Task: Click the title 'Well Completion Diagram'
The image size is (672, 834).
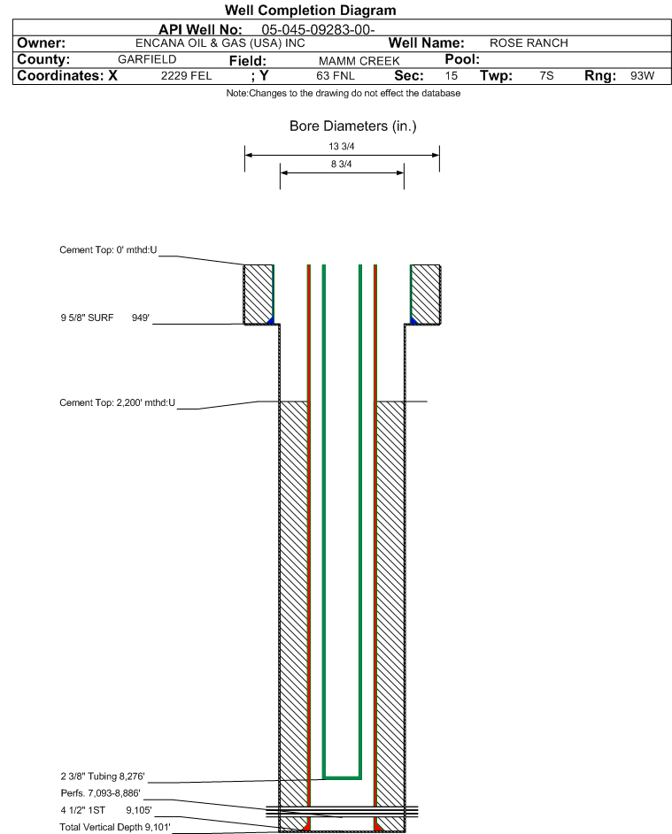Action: pos(311,10)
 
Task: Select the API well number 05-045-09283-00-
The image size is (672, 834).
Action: pos(318,30)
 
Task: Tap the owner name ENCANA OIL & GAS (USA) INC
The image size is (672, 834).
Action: pos(220,43)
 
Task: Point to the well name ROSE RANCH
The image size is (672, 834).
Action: pos(529,43)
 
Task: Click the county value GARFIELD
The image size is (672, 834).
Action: pos(147,59)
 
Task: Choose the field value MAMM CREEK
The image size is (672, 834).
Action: pos(359,61)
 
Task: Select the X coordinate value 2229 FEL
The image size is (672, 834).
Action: pos(186,75)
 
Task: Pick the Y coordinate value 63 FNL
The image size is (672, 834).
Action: pos(336,75)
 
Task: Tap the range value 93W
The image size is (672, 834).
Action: pos(642,75)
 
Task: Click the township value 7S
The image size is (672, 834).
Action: pos(546,75)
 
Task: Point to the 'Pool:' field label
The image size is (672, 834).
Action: pos(462,59)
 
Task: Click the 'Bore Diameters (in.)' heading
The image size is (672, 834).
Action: pos(353,126)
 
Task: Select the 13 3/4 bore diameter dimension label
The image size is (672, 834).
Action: pos(342,146)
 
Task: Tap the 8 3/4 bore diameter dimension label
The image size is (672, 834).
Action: pos(342,164)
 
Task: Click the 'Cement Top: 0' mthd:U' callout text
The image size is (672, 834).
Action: pos(108,250)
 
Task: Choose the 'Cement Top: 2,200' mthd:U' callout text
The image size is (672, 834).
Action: pos(117,402)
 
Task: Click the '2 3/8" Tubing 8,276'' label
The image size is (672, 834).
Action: pos(103,776)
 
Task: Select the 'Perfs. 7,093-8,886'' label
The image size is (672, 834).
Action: pos(101,793)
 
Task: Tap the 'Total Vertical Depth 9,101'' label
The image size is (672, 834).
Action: pos(115,827)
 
